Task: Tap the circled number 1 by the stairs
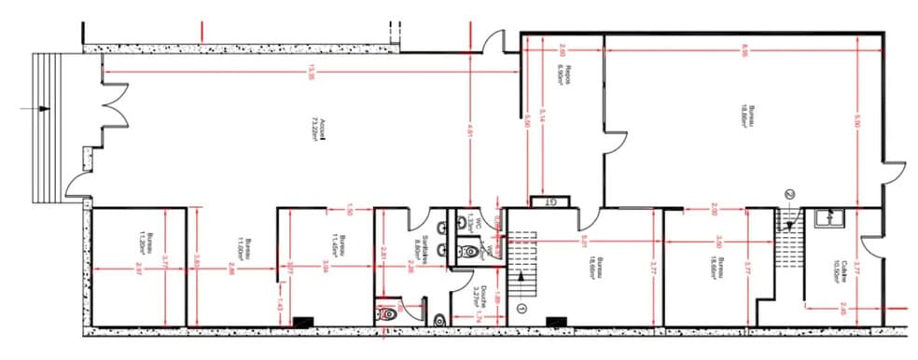pyautogui.click(x=522, y=308)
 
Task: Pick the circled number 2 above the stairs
pyautogui.click(x=789, y=193)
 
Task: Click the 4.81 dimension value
pyautogui.click(x=469, y=134)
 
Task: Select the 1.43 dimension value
pyautogui.click(x=279, y=304)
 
